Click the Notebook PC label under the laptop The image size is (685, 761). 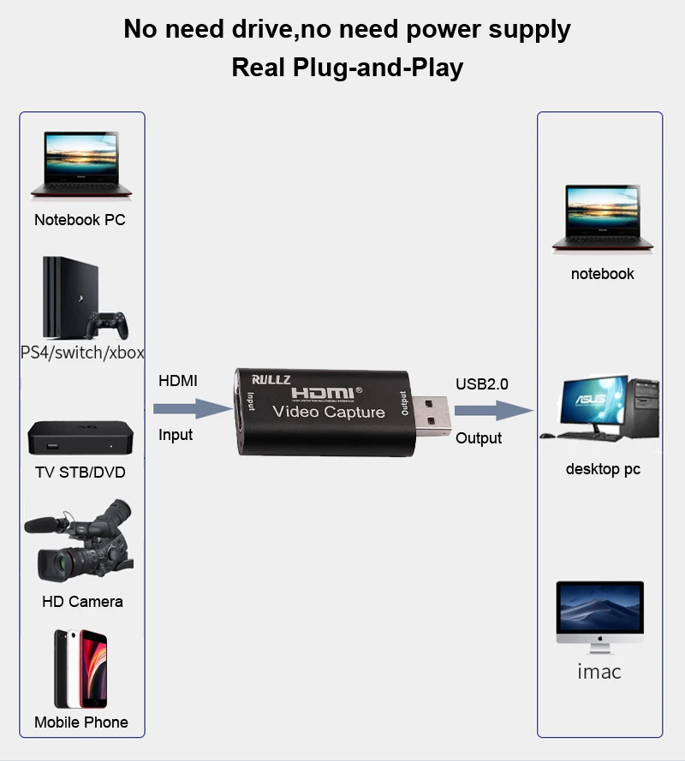(80, 220)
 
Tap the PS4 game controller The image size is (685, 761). (107, 324)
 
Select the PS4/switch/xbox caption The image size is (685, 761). (82, 352)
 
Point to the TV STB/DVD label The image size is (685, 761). (80, 472)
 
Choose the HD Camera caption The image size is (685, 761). (82, 602)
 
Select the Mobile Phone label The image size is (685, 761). (81, 722)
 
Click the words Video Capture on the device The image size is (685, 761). (328, 412)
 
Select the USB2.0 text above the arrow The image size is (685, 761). (482, 384)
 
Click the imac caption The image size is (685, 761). (599, 672)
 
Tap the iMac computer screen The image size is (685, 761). (599, 606)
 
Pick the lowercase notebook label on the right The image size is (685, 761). (603, 274)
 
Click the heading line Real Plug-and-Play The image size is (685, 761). (347, 68)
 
